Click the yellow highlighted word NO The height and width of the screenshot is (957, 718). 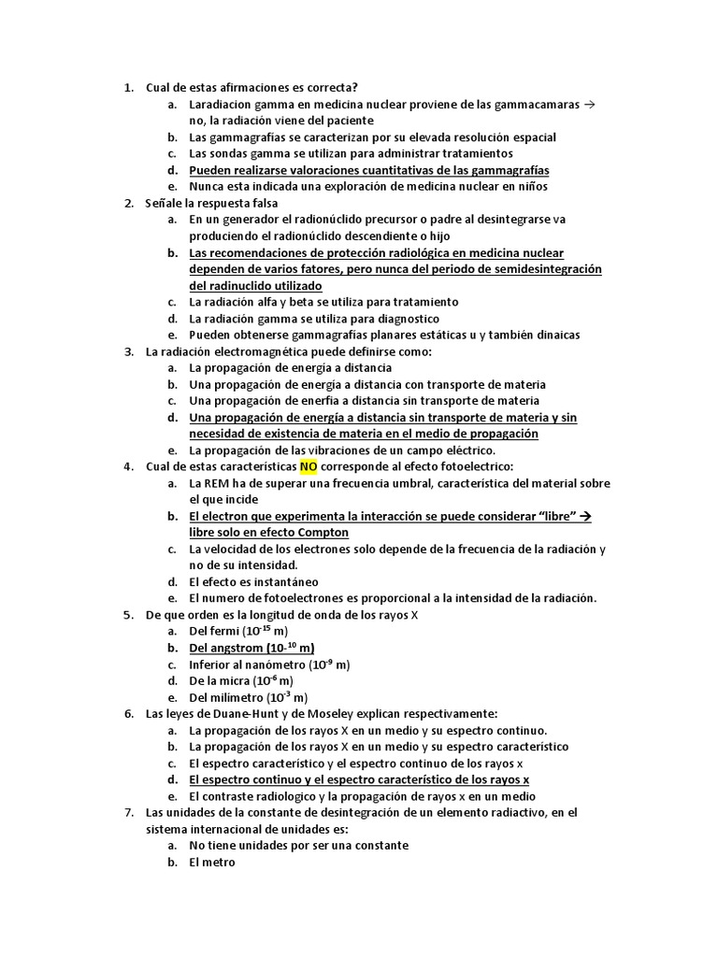(x=309, y=466)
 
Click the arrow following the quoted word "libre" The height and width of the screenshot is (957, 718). (x=586, y=516)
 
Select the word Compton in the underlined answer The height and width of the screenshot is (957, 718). (x=320, y=533)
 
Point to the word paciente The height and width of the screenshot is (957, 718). (x=346, y=121)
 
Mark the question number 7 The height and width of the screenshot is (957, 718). (x=128, y=812)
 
